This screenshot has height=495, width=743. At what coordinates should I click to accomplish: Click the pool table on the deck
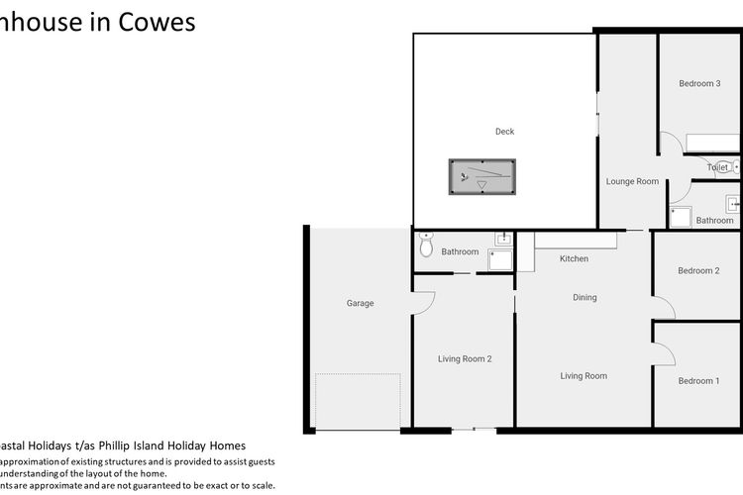[481, 177]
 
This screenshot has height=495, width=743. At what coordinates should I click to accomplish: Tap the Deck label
[504, 132]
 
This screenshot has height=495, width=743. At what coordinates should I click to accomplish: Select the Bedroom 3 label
[698, 84]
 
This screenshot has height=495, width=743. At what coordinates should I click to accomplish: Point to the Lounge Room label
[632, 182]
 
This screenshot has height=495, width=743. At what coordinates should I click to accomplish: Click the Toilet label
[717, 168]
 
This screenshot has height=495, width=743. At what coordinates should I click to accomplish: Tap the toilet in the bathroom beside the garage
[427, 245]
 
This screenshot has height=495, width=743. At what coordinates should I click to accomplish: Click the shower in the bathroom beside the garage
[501, 259]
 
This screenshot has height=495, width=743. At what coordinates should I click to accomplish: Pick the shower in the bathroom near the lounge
[680, 216]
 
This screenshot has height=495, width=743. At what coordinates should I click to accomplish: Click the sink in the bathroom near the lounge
[733, 204]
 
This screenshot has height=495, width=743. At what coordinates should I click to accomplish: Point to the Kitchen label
[574, 259]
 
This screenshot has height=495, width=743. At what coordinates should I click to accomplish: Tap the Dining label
[584, 297]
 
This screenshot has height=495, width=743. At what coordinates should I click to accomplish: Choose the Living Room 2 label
[465, 358]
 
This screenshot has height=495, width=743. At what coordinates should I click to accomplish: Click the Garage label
[360, 303]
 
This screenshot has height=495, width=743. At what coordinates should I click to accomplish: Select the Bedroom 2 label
[697, 270]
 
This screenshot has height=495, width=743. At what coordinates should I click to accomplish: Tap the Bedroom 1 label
[697, 381]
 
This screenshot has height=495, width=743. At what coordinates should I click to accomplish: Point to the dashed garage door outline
[358, 402]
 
